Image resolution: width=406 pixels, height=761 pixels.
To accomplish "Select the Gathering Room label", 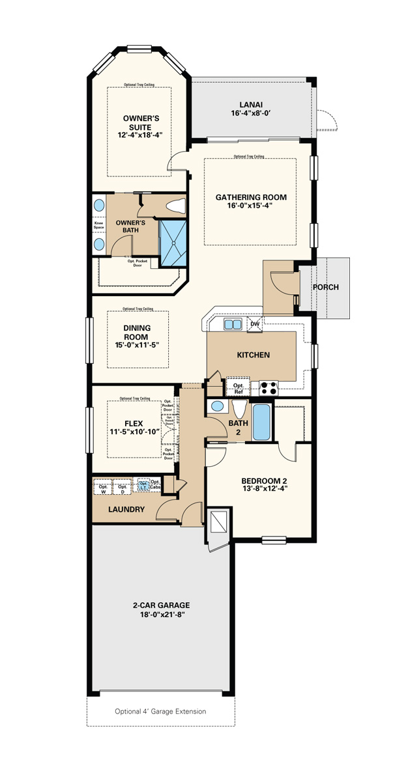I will point(251,197).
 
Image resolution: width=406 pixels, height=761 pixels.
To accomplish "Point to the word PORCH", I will point(325,287).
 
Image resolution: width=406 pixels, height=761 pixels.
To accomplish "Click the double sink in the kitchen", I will point(233,324).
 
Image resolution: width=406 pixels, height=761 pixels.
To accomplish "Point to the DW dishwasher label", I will point(255,324).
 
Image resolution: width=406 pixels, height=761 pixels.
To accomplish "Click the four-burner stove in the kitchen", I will point(268,389).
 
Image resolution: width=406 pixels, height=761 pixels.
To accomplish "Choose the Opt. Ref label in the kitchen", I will point(238,389).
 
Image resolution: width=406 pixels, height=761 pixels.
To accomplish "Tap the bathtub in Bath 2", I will point(262,421).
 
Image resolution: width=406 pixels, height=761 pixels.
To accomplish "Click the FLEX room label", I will point(133,423).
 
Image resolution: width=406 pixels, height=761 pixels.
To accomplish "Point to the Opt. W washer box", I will point(103,488).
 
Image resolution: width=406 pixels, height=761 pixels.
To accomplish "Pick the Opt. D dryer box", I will point(122,488).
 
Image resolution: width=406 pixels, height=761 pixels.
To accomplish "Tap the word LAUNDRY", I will point(126,509).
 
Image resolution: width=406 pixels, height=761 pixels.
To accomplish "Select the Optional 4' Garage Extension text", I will point(160,711).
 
